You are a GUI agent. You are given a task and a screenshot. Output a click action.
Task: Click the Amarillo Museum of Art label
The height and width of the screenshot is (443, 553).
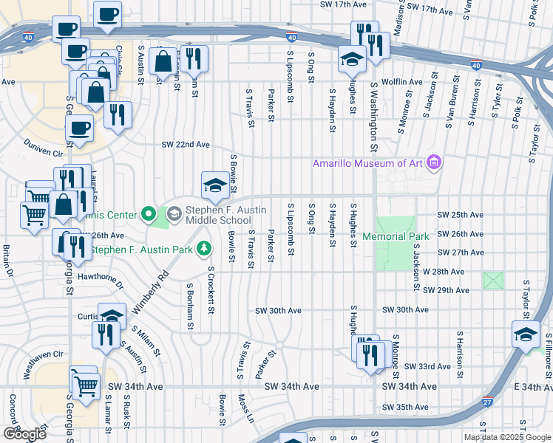[x=369, y=162]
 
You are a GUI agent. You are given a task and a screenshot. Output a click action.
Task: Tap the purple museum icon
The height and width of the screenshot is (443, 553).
[x=434, y=162]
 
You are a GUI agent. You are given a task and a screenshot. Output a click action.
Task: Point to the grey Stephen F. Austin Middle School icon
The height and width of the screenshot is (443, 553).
[x=174, y=214]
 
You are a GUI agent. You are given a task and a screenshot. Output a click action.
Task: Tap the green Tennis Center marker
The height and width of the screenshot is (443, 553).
[x=148, y=215]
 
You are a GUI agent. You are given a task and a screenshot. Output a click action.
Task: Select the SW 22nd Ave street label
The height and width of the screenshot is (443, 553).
[x=185, y=145]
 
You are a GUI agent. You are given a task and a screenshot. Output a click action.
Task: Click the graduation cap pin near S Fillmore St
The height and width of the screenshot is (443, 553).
[x=526, y=333]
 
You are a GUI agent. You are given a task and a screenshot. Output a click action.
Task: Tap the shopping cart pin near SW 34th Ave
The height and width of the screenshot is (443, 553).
[x=85, y=382]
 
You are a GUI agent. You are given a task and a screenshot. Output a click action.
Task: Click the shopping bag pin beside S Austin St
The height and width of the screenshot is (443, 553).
[x=162, y=61]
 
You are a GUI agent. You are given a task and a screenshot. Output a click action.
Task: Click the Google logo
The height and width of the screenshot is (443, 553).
[x=24, y=434]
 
